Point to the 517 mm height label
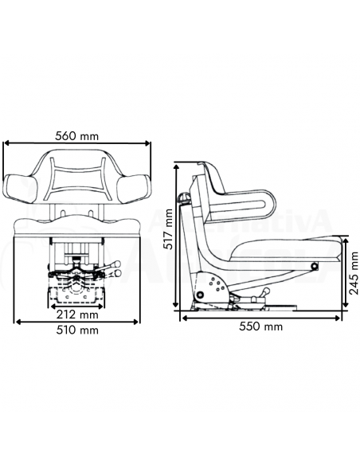coord(168,229)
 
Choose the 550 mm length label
coord(262,326)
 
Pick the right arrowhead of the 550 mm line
coord(344,317)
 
